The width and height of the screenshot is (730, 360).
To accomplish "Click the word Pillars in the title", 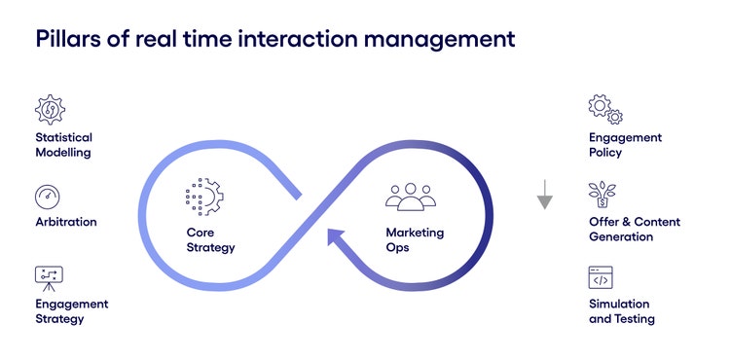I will (x=67, y=40).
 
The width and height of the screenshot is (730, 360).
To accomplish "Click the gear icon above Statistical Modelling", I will (x=50, y=110).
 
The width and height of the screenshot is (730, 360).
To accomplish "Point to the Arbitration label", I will (x=66, y=222).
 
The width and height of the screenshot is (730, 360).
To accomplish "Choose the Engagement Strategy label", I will (x=71, y=310).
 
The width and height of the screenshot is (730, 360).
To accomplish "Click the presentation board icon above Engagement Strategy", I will (x=49, y=277).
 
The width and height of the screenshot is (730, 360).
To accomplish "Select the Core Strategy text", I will (x=210, y=239).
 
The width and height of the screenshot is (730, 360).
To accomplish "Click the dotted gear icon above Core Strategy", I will (x=204, y=196).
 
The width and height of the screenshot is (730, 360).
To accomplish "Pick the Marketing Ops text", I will (x=414, y=239).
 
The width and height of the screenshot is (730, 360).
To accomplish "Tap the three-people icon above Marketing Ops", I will (x=411, y=196).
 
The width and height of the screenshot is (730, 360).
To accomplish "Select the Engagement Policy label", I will (x=625, y=145).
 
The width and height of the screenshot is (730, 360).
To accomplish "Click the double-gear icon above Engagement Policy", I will (x=604, y=109).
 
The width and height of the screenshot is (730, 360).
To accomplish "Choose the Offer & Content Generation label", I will (x=634, y=229).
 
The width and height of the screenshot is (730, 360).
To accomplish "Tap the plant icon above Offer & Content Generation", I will (x=602, y=195).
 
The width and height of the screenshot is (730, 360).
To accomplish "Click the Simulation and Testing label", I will (x=621, y=310).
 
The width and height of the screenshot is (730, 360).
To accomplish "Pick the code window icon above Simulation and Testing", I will (x=601, y=277).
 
